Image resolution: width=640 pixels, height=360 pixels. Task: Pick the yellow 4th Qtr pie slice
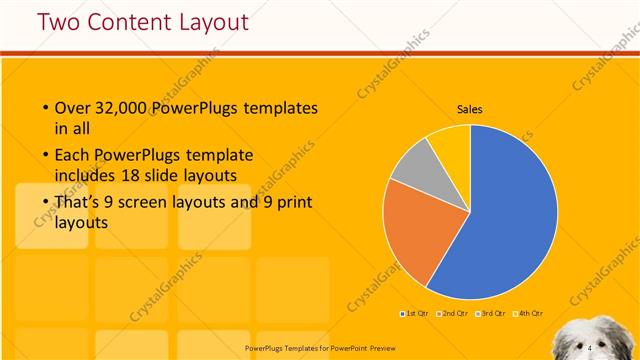coord(451,142)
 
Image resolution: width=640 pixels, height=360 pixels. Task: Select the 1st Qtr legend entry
coord(415,315)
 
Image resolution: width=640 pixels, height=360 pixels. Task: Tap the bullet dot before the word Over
coord(46,108)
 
